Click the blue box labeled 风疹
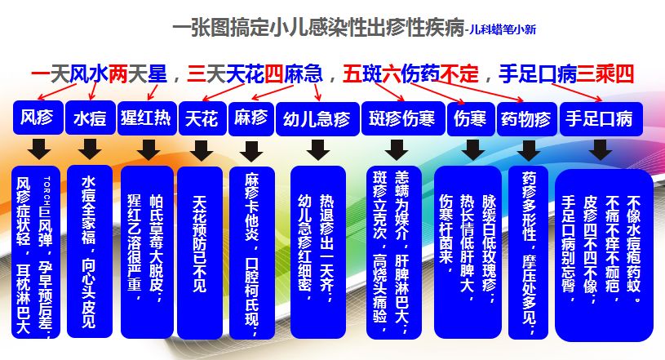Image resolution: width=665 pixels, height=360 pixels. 36,118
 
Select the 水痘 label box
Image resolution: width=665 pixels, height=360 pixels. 89,119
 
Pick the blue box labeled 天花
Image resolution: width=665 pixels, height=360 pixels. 201,118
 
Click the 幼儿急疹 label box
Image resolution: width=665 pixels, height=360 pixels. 316,119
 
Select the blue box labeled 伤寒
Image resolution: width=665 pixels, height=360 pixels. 471,118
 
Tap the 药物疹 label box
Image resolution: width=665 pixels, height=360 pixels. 526,119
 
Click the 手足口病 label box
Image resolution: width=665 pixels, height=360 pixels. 599,118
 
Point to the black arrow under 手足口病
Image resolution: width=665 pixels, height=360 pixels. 601,149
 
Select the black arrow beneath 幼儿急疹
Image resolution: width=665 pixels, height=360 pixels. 317,149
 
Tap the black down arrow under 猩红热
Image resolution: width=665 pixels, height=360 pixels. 149,149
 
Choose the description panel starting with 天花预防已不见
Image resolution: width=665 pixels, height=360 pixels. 201,253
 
